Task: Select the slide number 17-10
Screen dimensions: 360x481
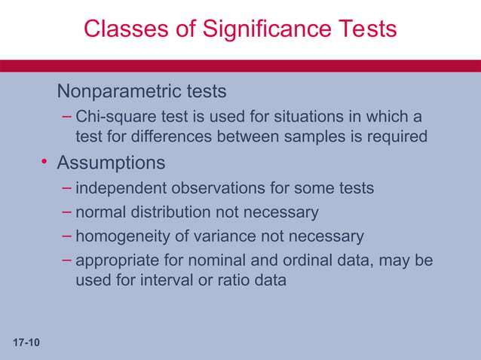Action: (x=26, y=343)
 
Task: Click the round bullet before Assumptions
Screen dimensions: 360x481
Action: (x=45, y=163)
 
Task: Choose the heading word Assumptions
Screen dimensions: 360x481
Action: (x=111, y=163)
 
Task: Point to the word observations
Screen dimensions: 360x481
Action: (x=210, y=188)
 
